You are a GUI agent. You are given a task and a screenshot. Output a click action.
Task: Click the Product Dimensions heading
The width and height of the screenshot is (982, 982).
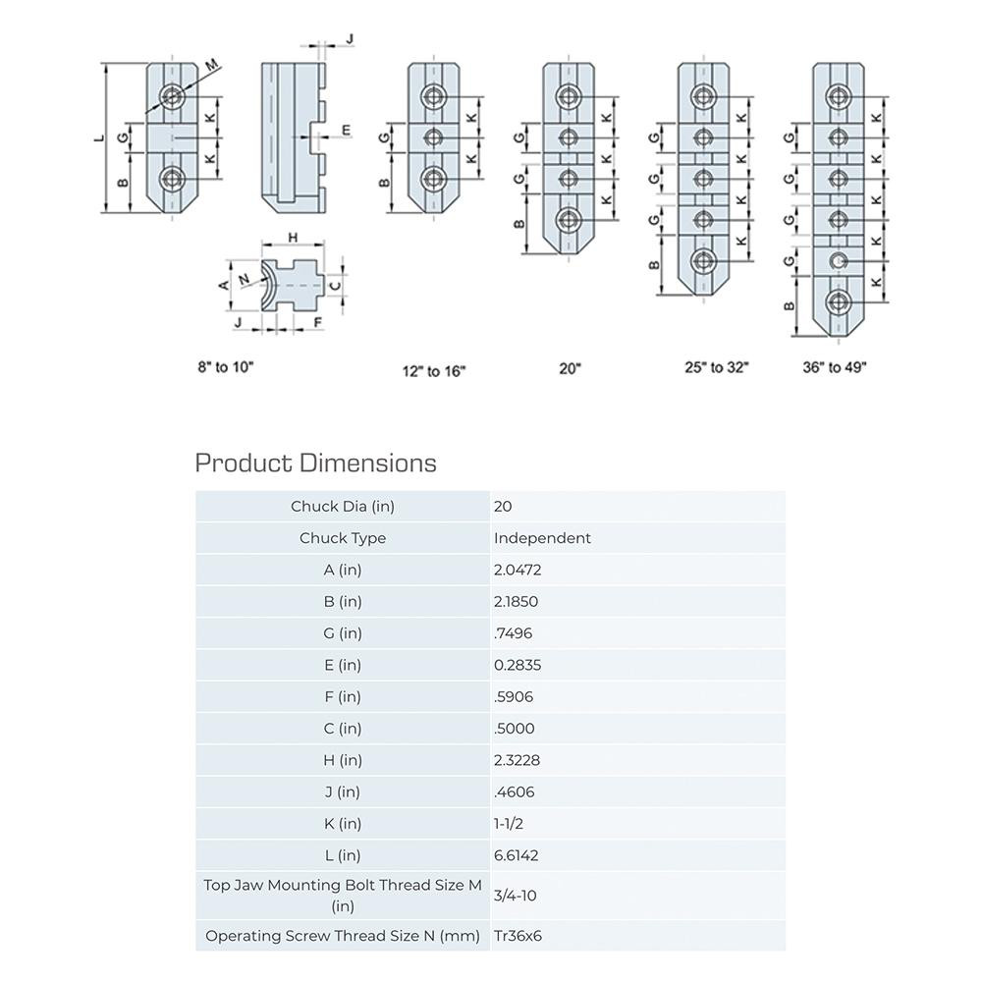pyautogui.click(x=315, y=463)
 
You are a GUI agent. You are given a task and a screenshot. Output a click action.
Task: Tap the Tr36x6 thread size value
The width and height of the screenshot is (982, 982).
pyautogui.click(x=518, y=935)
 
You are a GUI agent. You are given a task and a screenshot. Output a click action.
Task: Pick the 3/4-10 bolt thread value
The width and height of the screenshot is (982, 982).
pyautogui.click(x=515, y=896)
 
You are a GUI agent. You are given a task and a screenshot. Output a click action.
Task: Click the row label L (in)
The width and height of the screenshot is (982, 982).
pyautogui.click(x=342, y=855)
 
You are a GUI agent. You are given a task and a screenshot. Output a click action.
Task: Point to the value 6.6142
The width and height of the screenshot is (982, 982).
pyautogui.click(x=517, y=855)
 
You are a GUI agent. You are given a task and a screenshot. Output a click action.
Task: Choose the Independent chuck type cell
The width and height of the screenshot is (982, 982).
pyautogui.click(x=542, y=538)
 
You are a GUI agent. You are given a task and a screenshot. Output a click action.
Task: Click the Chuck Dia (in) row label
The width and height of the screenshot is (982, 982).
pyautogui.click(x=342, y=507)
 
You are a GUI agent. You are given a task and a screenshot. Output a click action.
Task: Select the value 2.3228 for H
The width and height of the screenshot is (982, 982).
pyautogui.click(x=517, y=760)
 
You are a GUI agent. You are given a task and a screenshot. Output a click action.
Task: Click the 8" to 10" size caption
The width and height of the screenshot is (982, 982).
pyautogui.click(x=225, y=367)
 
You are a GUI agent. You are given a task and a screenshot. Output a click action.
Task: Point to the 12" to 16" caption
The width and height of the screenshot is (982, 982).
pyautogui.click(x=433, y=371)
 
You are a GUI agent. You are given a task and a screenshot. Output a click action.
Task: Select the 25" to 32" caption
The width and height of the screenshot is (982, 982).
pyautogui.click(x=717, y=367)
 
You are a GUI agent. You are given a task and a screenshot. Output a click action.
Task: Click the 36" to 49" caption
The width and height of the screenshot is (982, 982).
pyautogui.click(x=835, y=367)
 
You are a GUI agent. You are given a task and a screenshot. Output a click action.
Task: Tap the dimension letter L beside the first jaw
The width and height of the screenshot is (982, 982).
pyautogui.click(x=98, y=137)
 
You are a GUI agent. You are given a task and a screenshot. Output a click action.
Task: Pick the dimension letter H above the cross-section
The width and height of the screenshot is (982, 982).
pyautogui.click(x=293, y=238)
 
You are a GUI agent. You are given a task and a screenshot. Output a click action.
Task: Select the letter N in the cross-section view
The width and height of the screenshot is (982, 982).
pyautogui.click(x=244, y=281)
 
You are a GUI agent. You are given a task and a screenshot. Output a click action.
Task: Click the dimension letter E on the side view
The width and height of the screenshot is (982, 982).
pyautogui.click(x=345, y=131)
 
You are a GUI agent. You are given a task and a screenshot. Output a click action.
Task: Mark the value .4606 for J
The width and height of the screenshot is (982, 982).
pyautogui.click(x=514, y=791)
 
